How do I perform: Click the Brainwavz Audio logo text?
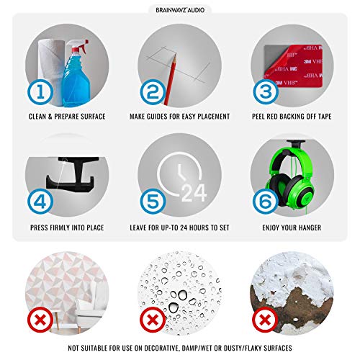tap(180, 10)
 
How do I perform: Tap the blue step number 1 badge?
tap(40, 92)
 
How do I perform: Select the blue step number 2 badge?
tap(153, 92)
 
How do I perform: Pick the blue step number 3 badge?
tap(266, 92)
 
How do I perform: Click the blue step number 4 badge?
tap(40, 202)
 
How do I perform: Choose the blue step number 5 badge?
tap(153, 202)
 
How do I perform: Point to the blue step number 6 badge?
tap(266, 202)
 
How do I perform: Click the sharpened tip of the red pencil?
tap(175, 55)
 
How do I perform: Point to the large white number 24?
tap(194, 193)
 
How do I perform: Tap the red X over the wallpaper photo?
tap(40, 320)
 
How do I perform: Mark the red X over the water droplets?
tap(153, 320)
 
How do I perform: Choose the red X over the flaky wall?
tap(265, 320)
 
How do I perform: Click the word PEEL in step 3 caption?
tap(258, 117)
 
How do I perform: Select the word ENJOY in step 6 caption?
tap(271, 228)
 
